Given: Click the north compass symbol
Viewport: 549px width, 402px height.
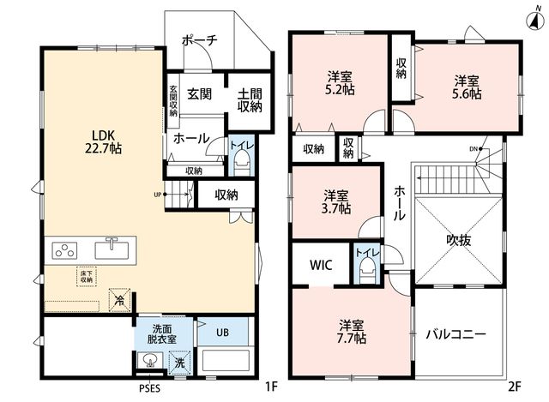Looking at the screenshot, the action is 534,19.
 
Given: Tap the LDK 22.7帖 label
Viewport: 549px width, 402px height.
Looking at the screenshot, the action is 103,142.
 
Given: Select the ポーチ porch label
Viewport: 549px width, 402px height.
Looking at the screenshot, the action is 200,40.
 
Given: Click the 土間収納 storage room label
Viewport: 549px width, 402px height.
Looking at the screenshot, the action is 250,100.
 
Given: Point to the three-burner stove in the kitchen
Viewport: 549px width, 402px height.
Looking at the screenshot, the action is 64,250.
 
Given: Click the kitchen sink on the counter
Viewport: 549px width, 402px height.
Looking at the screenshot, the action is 111,249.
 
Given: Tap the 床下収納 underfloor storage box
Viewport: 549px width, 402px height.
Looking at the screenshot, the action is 87,277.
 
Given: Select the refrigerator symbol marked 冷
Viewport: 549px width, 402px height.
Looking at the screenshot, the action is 120,300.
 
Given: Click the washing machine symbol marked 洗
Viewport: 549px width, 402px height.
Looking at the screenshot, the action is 179,363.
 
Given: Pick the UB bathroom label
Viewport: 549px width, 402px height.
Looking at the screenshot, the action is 222,332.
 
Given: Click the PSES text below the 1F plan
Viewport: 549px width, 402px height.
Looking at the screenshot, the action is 149,388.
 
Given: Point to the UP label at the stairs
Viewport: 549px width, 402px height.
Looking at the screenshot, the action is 158,195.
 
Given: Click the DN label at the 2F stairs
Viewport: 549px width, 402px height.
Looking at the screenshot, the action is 473,149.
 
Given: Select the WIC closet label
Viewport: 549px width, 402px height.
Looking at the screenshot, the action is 321,265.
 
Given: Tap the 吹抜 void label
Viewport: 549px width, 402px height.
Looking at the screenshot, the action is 459,240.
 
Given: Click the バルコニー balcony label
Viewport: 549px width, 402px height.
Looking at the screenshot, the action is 455,334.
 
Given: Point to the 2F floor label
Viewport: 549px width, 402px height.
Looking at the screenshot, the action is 515,387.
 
